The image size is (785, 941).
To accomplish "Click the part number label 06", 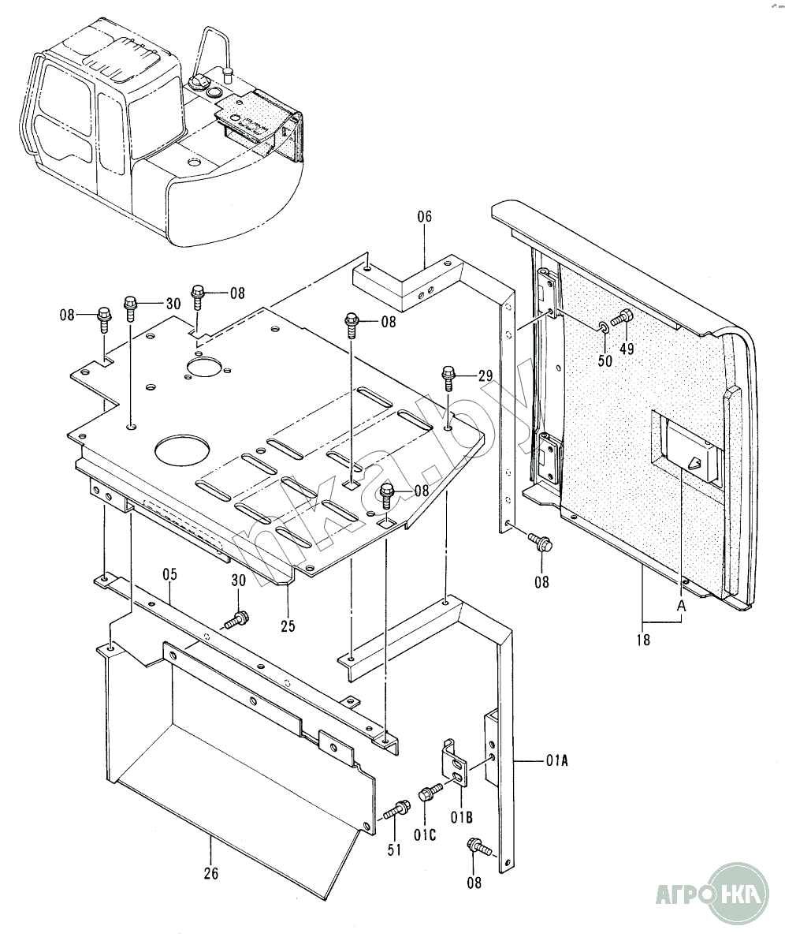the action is pyautogui.click(x=424, y=217).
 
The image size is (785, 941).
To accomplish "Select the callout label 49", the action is pyautogui.click(x=627, y=349).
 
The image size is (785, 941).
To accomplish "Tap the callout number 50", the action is pyautogui.click(x=605, y=360).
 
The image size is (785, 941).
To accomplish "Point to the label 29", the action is pyautogui.click(x=486, y=375).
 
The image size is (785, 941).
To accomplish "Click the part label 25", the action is pyautogui.click(x=288, y=626).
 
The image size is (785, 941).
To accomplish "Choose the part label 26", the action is pyautogui.click(x=210, y=872).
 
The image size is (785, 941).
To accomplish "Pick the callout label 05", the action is pyautogui.click(x=169, y=574).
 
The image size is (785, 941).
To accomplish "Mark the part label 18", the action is pyautogui.click(x=643, y=640).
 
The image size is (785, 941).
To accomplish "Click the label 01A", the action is pyautogui.click(x=556, y=761).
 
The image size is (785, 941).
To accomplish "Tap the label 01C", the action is pyautogui.click(x=425, y=835).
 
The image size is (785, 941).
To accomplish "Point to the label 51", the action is pyautogui.click(x=394, y=850).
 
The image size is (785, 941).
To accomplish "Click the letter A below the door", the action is pyautogui.click(x=681, y=606).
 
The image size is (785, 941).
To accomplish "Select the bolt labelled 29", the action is pyautogui.click(x=448, y=378).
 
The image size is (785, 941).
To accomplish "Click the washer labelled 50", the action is pyautogui.click(x=603, y=327).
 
